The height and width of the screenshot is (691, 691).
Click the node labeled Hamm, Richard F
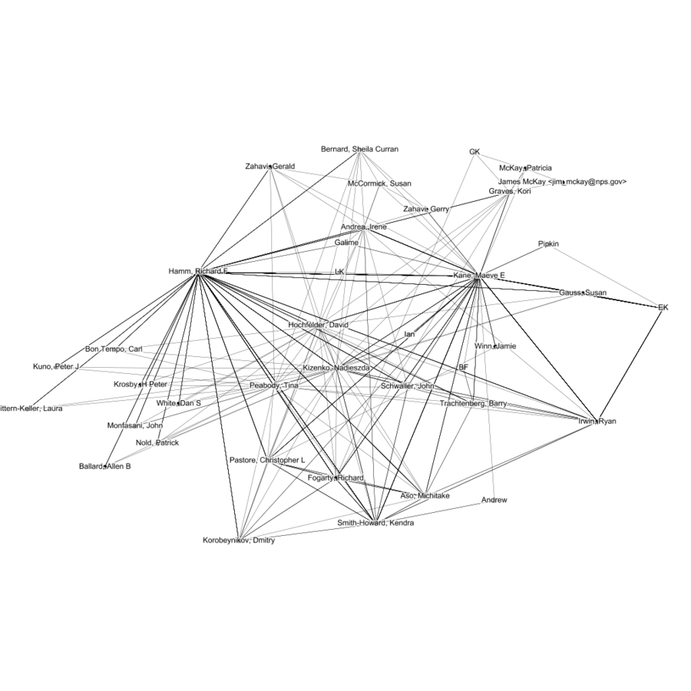[x=198, y=272]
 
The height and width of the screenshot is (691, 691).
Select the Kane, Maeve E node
[x=478, y=276]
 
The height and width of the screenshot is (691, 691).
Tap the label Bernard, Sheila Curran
[x=359, y=149]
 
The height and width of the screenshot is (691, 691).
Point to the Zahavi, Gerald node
[x=270, y=167]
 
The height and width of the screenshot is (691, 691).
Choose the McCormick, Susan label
[x=379, y=183]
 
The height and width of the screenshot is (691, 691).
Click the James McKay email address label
[x=562, y=182]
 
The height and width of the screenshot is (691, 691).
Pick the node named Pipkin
[x=548, y=244]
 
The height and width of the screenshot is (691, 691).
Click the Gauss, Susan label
[x=583, y=293]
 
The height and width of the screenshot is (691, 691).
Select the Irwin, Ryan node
[x=597, y=422]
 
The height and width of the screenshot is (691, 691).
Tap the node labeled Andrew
[x=494, y=501]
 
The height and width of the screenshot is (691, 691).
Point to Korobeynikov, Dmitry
[x=239, y=541]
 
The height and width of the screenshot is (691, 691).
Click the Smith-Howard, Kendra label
[x=375, y=523]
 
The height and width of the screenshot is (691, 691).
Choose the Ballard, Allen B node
[x=105, y=466]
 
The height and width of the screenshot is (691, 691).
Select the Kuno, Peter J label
[x=56, y=367]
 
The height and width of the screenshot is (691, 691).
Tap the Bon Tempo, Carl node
[x=114, y=349]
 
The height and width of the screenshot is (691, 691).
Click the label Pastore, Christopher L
[x=267, y=460]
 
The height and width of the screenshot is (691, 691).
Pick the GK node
[x=474, y=152]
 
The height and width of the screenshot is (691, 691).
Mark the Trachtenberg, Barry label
[x=472, y=404]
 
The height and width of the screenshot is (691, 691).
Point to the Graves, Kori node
[x=510, y=191]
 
